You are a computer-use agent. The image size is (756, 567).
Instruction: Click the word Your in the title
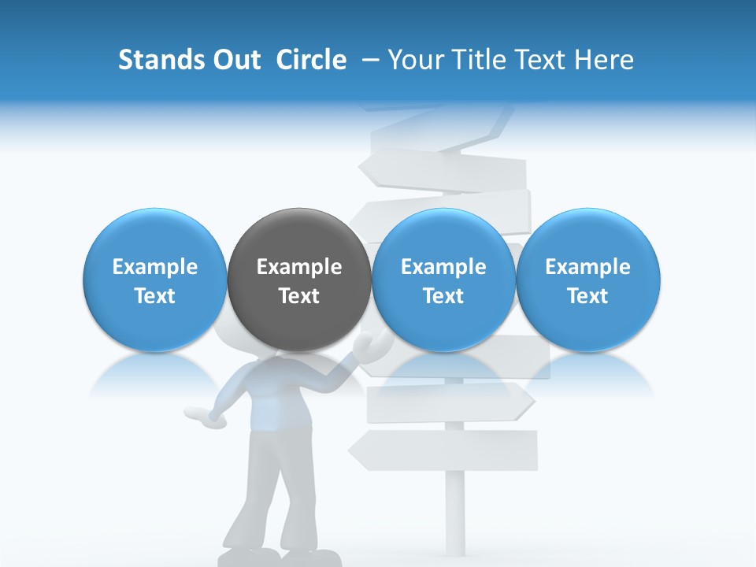point(412,60)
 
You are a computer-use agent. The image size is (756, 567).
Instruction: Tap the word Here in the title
point(603,60)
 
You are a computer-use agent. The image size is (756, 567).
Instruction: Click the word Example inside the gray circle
point(299,267)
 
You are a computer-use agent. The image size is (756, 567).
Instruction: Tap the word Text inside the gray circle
point(299,296)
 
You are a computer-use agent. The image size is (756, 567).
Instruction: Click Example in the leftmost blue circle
point(155,267)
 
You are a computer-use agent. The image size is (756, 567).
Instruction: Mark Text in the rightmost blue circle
point(588,296)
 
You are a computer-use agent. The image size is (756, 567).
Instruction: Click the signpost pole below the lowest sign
point(455,512)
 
